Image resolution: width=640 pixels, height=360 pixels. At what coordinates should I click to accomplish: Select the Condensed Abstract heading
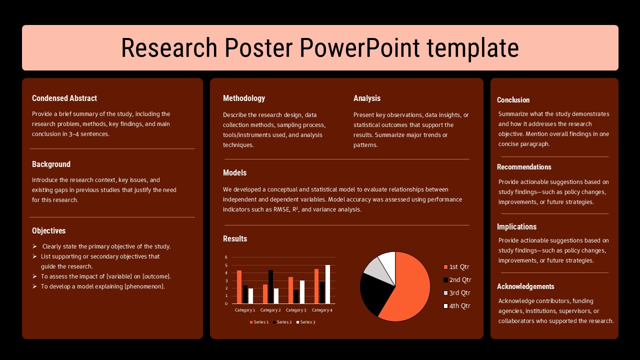pos(64,98)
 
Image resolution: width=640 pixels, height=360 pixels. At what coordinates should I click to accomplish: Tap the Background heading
pos(51,164)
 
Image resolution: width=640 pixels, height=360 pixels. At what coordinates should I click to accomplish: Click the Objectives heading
pos(49,231)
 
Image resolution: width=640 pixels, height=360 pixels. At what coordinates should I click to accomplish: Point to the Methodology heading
pos(244,98)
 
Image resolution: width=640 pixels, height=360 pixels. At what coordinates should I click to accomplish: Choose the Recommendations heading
pos(524,167)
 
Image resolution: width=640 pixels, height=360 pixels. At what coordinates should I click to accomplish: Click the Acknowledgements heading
pos(525,286)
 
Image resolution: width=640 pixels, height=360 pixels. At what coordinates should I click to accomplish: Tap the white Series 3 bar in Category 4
pos(327,284)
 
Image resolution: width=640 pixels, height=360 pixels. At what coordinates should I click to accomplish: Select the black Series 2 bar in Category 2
pos(270,286)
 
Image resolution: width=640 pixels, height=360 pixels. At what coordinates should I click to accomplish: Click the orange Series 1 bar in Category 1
pos(239,287)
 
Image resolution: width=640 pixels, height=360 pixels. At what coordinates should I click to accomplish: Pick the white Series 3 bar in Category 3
pos(302,292)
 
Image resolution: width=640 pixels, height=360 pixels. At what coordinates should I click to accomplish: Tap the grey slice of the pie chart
pos(373,268)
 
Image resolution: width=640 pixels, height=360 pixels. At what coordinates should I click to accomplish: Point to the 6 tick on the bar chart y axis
pos(226,257)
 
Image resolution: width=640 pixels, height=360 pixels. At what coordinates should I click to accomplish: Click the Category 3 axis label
pos(296,310)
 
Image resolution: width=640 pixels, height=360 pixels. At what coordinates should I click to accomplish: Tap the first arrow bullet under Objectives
pos(34,246)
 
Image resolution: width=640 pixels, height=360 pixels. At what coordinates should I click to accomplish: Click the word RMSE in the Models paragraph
pos(281,209)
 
